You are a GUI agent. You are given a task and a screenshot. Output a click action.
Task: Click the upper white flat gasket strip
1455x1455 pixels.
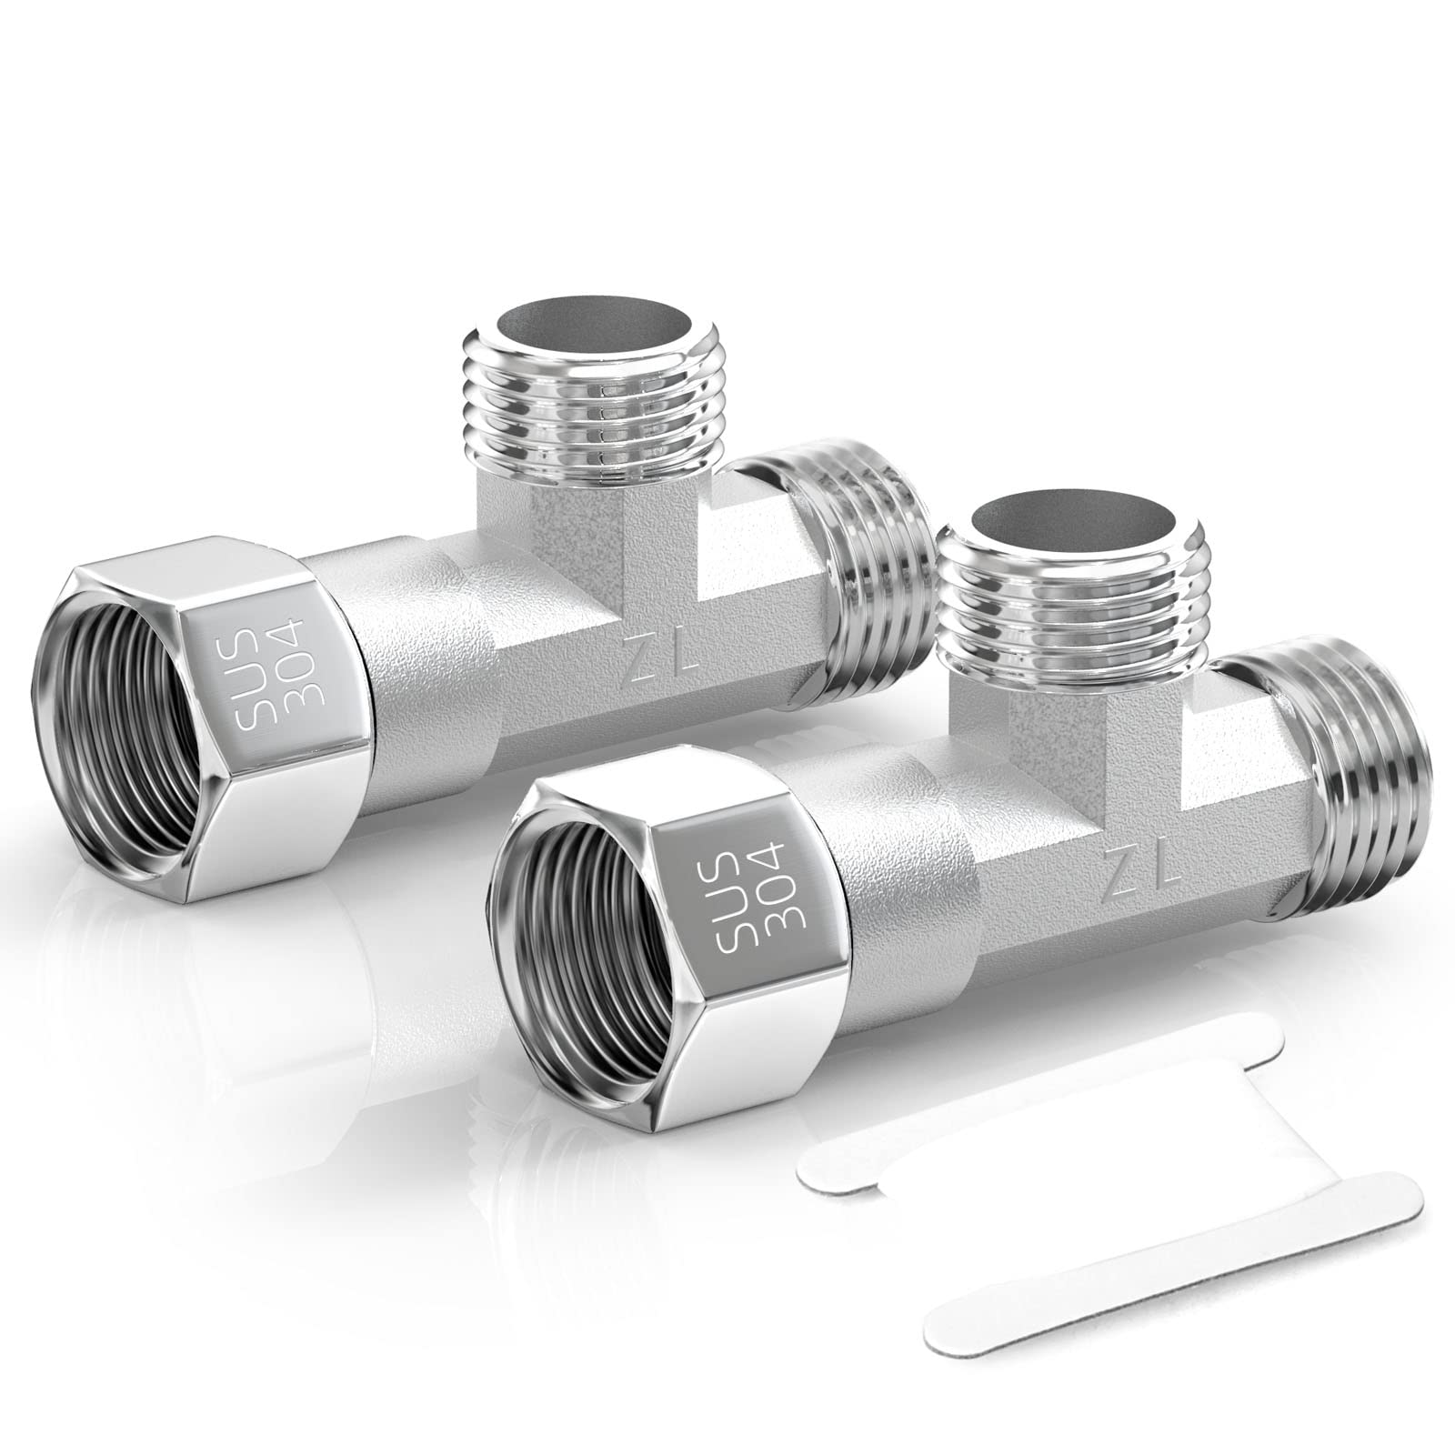point(1037,1100)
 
